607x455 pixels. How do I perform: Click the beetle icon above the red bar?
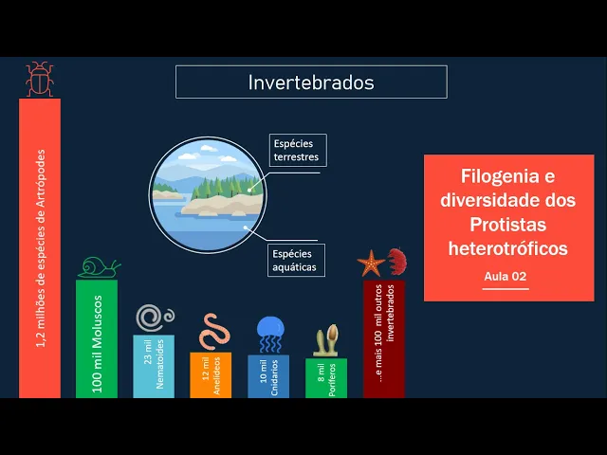pos(40,79)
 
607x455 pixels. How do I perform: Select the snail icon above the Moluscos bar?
pos(99,267)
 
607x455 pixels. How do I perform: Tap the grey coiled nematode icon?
pos(155,318)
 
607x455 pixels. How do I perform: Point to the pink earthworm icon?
pos(214,332)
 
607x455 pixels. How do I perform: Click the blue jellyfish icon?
pos(270,335)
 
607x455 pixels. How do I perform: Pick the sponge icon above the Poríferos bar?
pos(326,340)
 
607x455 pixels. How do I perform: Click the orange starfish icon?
pos(371,264)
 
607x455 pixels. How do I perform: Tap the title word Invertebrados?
pos(311,82)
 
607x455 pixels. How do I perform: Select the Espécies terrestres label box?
pos(298,150)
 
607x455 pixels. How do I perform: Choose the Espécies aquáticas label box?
pos(296,261)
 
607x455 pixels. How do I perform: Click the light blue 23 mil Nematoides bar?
pos(154,366)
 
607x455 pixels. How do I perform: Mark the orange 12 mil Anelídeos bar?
pos(211,375)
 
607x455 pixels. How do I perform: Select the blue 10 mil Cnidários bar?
pos(268,376)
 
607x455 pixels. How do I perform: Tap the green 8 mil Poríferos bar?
pos(326,378)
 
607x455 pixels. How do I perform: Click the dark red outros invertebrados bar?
pos(384,339)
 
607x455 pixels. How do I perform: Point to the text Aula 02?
pos(506,276)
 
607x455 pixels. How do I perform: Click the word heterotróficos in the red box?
pos(508,248)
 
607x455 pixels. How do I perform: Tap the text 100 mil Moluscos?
pos(97,344)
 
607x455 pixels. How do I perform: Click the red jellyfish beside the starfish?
pos(396,261)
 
